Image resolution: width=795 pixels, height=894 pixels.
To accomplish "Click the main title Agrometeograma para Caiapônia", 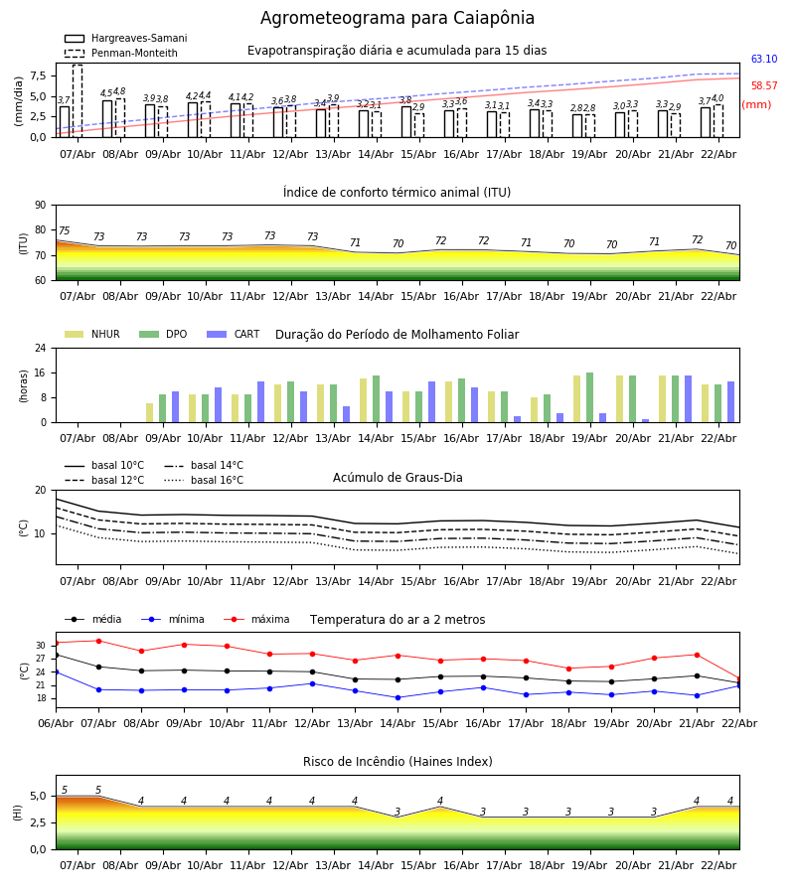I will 397,19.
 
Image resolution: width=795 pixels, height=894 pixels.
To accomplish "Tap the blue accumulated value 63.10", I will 764,60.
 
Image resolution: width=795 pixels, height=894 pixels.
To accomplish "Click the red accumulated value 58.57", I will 764,86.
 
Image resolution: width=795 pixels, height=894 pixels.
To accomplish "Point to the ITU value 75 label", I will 65,231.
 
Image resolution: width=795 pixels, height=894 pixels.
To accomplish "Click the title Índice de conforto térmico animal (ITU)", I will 397,193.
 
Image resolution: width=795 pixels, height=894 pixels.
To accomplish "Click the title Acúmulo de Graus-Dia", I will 397,478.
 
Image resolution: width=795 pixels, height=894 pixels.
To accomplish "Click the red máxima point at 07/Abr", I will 98,641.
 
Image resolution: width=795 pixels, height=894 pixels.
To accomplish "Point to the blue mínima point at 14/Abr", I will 397,697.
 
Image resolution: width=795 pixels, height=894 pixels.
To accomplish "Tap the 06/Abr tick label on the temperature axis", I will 56,722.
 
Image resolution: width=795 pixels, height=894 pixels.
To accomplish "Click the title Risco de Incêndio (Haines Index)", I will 397,762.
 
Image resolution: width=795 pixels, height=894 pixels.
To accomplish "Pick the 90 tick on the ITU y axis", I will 40,206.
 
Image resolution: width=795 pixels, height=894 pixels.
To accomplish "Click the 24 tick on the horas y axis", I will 40,349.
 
